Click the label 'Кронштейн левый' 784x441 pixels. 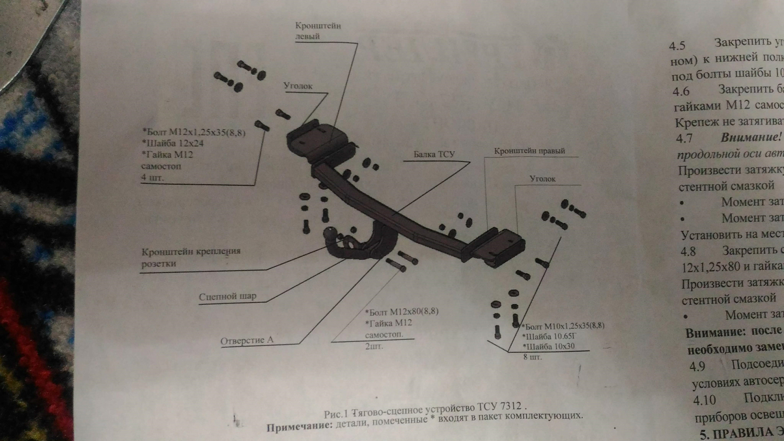click(x=318, y=31)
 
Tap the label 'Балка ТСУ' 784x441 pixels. click(x=434, y=154)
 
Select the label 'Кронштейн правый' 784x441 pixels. click(x=529, y=151)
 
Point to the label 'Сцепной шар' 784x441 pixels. click(x=227, y=297)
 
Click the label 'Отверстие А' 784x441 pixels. click(x=247, y=341)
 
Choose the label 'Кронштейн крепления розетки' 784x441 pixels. click(x=190, y=257)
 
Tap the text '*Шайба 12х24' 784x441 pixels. click(x=172, y=143)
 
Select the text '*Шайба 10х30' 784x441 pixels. click(x=548, y=346)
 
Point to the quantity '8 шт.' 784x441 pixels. click(x=533, y=357)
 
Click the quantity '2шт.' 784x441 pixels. click(x=374, y=346)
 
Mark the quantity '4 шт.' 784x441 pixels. click(x=152, y=178)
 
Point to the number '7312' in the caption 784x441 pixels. click(x=511, y=406)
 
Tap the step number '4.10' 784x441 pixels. click(x=705, y=400)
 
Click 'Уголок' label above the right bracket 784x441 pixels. click(x=543, y=179)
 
